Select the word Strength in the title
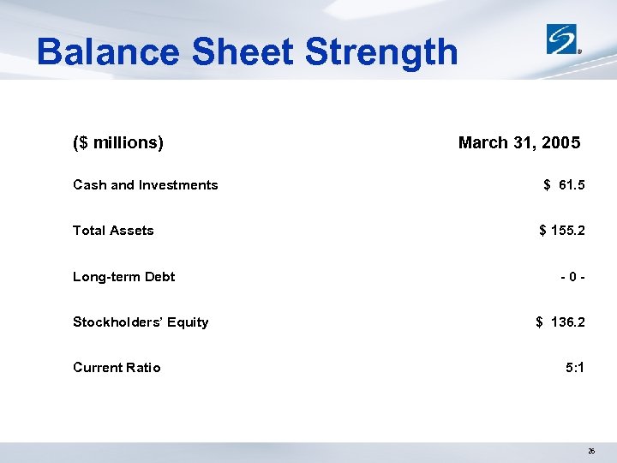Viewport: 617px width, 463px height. (x=381, y=52)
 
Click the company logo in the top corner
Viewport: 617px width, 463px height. (x=565, y=39)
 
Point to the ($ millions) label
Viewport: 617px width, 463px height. (x=118, y=142)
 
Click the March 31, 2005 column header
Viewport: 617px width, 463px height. (x=519, y=142)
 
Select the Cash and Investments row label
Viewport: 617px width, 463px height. (x=146, y=185)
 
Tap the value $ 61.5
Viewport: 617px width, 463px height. (x=564, y=185)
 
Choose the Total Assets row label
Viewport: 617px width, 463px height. (x=113, y=231)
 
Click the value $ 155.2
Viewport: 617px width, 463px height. (x=562, y=231)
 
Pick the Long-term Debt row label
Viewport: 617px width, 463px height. (x=123, y=277)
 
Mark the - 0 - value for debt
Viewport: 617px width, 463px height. (x=572, y=277)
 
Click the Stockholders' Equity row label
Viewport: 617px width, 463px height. (x=141, y=322)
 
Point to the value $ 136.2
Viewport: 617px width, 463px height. (x=560, y=322)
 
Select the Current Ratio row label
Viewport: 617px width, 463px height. (x=117, y=368)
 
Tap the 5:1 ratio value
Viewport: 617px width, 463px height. (x=575, y=368)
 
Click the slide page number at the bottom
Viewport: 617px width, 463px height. (x=591, y=449)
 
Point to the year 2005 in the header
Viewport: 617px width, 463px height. (x=560, y=142)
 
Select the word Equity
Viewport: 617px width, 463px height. (x=189, y=322)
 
